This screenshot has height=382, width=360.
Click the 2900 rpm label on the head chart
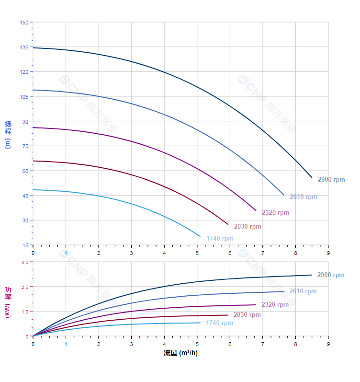point(331,180)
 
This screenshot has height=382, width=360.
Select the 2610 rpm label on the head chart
point(304,197)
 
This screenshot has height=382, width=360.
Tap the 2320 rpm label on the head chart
point(276,212)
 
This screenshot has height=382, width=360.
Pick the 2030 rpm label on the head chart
point(247,226)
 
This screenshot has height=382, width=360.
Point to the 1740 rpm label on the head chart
point(220,238)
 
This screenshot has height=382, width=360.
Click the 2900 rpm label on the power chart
point(331,275)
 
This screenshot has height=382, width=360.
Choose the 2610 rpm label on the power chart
point(303,291)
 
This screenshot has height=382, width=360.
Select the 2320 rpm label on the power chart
point(275,304)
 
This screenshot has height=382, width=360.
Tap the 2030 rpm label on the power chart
point(247,315)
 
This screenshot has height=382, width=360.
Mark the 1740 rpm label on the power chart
point(219,323)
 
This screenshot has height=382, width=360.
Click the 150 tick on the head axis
point(24,23)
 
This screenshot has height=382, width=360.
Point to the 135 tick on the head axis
point(24,47)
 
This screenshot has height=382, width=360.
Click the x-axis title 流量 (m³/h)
point(180,353)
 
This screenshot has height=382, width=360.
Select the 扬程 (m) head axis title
point(8,134)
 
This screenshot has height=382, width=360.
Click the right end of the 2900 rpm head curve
point(312,177)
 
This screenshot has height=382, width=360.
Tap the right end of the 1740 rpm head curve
point(200,236)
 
